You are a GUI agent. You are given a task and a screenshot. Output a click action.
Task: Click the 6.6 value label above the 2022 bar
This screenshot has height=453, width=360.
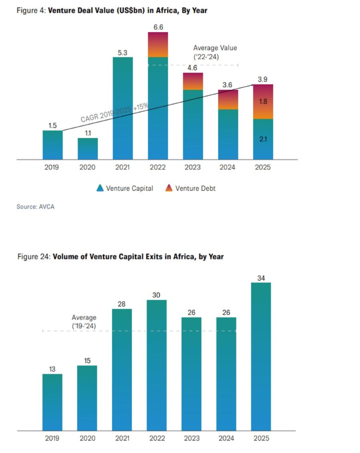pos(158,27)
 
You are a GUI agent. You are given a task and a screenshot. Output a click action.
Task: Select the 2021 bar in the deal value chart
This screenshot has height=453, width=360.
pos(122,108)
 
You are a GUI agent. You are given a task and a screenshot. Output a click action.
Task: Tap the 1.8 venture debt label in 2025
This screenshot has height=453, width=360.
pos(262,102)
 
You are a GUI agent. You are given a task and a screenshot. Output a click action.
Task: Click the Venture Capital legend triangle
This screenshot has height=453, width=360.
pos(100,188)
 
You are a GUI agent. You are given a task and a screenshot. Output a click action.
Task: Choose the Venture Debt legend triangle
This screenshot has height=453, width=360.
pos(169,188)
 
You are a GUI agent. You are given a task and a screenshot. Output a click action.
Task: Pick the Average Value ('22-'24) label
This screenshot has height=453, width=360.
pos(215,52)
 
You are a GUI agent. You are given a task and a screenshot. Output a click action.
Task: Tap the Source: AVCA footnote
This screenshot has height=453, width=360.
pos(35,207)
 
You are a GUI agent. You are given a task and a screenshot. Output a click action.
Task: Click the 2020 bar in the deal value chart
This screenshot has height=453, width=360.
pos(88,149)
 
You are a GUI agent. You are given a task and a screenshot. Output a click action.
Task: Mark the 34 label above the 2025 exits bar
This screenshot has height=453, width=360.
pos(261,278)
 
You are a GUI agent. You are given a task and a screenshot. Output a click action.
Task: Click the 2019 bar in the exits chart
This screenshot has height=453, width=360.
pos(52,402)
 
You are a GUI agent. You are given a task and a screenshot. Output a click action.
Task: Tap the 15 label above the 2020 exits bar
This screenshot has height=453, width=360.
pos(87,361)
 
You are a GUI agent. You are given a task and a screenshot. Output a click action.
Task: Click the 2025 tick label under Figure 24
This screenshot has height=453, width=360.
pos(261,439)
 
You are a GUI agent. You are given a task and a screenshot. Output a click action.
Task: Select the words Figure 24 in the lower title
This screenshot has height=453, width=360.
pos(34,257)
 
